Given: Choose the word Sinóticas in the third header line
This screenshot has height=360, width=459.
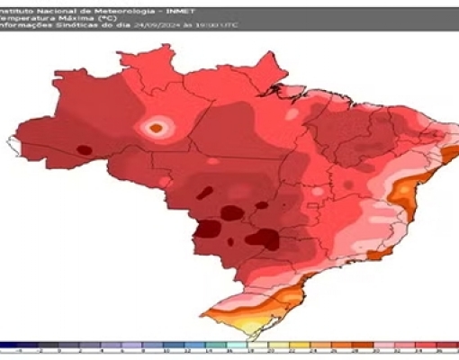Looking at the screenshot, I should point(60,27).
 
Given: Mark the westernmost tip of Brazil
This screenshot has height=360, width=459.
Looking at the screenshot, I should point(13,140).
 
